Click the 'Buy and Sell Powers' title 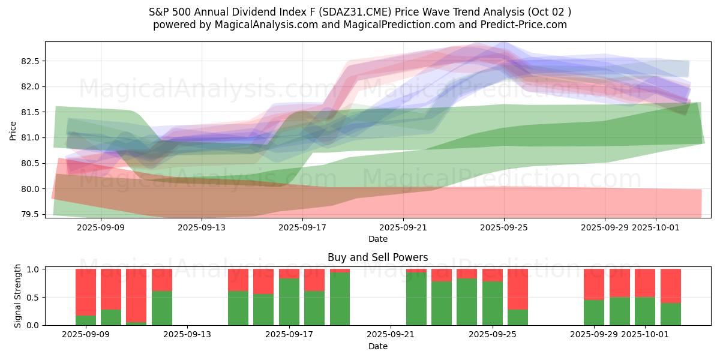click(377, 257)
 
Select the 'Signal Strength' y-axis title click(18, 296)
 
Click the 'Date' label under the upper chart click(377, 239)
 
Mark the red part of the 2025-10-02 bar click(670, 286)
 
